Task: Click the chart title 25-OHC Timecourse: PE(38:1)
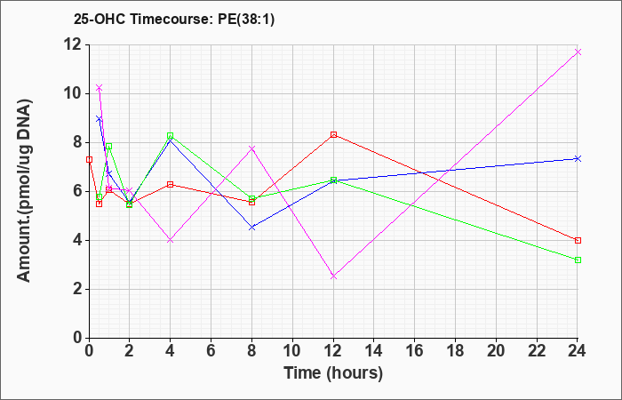174,19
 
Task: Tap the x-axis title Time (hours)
333,373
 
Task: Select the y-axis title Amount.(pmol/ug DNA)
25,191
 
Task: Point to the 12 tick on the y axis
75,44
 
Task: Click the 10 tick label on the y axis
75,94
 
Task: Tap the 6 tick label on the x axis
211,351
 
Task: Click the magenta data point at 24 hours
578,52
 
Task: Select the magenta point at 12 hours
333,276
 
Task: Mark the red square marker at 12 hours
333,135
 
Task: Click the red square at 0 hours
90,159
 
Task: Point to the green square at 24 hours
578,260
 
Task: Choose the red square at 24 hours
578,241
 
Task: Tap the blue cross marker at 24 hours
578,159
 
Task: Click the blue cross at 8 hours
251,228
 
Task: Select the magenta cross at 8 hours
251,148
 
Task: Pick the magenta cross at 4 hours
171,240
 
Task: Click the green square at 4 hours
171,136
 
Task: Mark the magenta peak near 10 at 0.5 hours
100,87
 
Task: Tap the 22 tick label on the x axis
537,351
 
